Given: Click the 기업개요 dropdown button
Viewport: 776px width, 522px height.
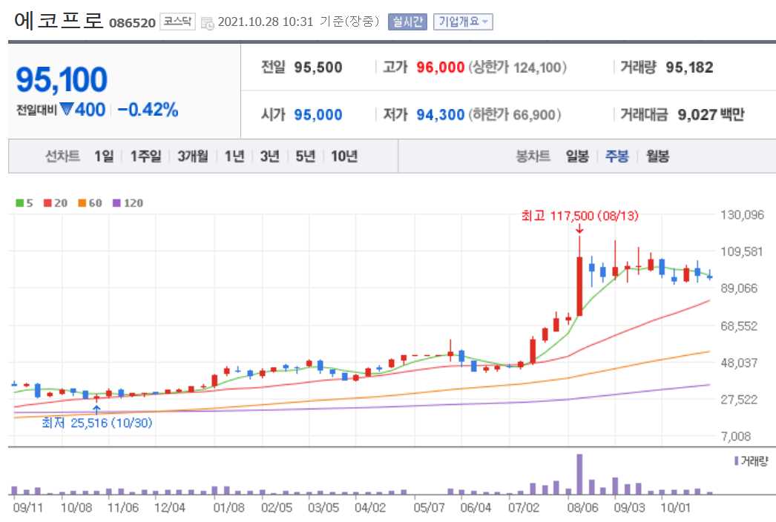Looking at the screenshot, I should [463, 22].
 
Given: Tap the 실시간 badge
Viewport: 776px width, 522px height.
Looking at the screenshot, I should [407, 22].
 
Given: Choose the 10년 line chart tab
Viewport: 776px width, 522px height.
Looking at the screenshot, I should [344, 156].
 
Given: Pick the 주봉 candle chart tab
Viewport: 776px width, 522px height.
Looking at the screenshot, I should [617, 156].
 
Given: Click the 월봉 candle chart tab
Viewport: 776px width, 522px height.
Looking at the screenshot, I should [657, 156].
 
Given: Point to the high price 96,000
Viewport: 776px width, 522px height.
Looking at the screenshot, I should [441, 67].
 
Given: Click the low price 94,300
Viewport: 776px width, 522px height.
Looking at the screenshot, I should [441, 115].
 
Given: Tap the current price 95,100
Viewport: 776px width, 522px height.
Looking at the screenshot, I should [62, 80].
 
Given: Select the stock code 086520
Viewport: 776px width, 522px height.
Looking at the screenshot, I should [132, 22].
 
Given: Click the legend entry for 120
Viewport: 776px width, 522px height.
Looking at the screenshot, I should [128, 202].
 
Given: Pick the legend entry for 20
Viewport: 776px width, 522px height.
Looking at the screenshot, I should [57, 202].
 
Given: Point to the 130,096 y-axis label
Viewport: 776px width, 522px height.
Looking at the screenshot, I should [742, 216].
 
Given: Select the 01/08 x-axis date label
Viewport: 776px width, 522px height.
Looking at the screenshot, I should [228, 508].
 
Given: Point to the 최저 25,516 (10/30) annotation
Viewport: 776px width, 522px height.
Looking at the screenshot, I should [97, 423].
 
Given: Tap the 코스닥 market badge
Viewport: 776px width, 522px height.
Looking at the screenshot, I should [177, 22].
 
